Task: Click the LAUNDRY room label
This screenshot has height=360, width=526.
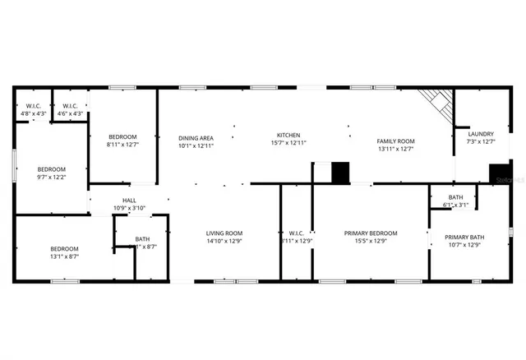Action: [481, 134]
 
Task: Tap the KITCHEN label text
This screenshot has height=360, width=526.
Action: [288, 135]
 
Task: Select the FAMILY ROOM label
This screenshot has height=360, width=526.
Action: [395, 141]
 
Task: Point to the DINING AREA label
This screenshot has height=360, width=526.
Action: [196, 138]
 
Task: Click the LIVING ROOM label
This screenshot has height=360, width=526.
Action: [224, 233]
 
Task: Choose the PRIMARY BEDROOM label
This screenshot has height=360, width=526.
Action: [370, 233]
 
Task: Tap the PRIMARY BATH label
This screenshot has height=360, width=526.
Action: [464, 238]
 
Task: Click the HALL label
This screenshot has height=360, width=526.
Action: [129, 201]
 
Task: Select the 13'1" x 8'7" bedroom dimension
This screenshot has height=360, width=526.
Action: [64, 256]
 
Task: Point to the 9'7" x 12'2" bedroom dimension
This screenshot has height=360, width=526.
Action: [51, 177]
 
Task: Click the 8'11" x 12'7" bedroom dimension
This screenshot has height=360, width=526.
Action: [122, 144]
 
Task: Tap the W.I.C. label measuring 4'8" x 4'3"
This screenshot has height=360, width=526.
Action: [34, 113]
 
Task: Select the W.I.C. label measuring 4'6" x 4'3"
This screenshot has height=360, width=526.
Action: [69, 113]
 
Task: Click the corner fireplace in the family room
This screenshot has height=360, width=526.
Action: [439, 104]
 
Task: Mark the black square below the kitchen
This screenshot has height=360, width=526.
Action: [339, 172]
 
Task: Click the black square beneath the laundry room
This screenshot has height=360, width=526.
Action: [500, 174]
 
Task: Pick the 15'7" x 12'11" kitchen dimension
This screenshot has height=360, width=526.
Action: [288, 143]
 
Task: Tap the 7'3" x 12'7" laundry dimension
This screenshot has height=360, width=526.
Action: [481, 142]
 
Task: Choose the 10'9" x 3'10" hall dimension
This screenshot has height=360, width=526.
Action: [129, 209]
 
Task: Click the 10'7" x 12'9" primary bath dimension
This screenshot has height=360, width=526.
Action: [464, 246]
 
